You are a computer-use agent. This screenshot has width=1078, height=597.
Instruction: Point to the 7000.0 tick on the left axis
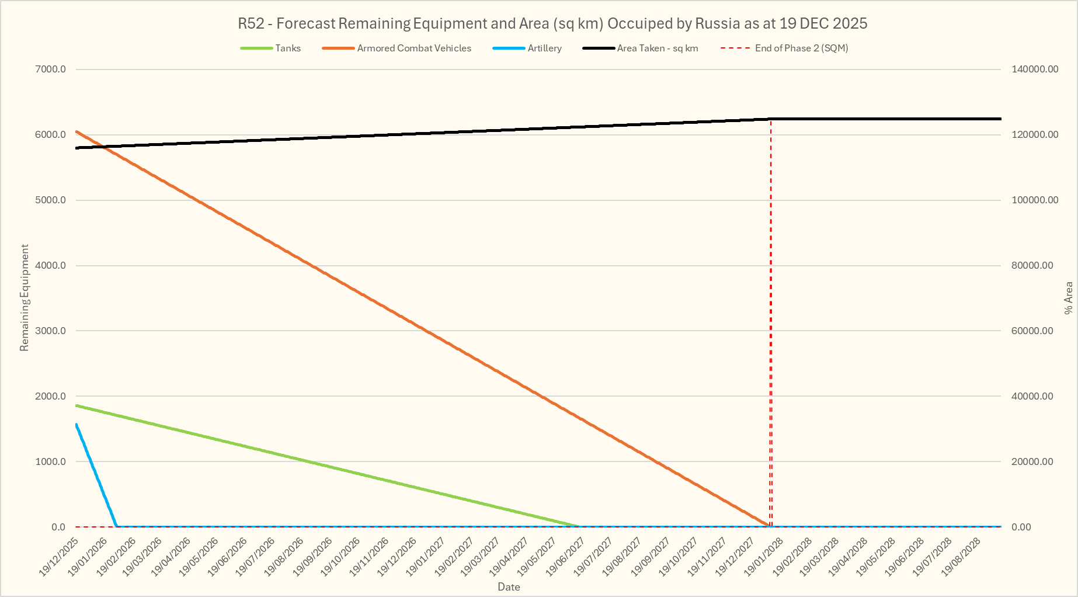click(x=51, y=70)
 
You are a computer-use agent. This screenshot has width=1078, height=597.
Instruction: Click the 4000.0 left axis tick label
click(x=51, y=266)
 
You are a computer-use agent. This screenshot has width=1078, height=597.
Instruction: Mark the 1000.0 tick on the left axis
click(x=51, y=461)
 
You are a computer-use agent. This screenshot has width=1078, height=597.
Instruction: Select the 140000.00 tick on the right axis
click(x=1035, y=70)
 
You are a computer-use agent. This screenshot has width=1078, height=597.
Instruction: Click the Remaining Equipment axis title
click(x=25, y=298)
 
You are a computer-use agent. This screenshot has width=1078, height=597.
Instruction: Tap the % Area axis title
click(x=1068, y=298)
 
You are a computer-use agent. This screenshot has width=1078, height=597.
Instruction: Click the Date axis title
click(x=509, y=587)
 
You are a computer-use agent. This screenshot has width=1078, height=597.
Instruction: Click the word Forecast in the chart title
click(x=305, y=24)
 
